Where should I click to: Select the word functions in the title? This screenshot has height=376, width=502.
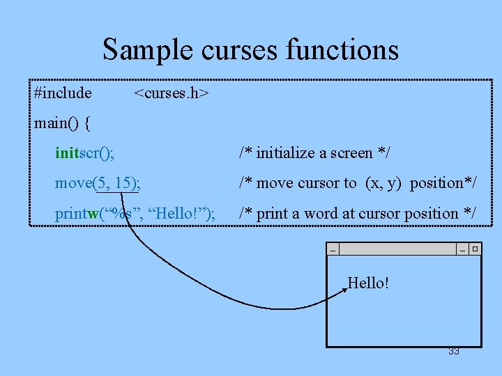click(343, 50)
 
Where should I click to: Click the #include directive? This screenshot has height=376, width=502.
click(63, 93)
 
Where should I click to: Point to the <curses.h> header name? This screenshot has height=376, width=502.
click(171, 93)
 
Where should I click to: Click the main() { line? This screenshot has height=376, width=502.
click(62, 123)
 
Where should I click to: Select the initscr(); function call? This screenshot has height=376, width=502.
click(85, 153)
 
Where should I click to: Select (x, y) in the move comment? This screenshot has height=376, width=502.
click(384, 183)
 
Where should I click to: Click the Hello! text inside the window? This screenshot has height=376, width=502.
click(368, 283)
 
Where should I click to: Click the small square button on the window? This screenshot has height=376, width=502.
click(475, 249)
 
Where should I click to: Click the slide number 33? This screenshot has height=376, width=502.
click(454, 352)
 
